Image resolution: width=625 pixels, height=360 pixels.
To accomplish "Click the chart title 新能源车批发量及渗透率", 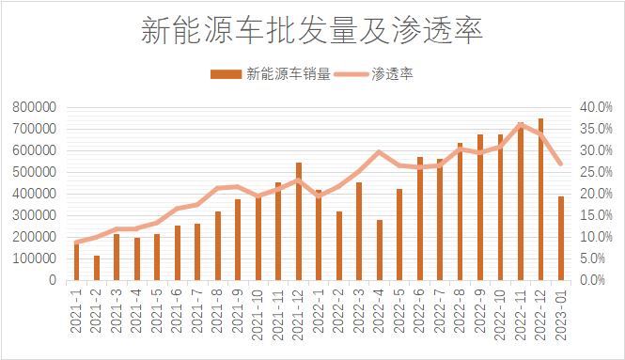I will click(x=312, y=31).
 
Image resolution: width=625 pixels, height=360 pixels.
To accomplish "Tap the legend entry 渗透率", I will click(x=394, y=74).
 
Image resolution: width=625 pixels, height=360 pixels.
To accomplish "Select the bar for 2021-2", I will click(x=97, y=268).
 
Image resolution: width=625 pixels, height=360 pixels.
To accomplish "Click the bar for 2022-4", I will click(x=380, y=250).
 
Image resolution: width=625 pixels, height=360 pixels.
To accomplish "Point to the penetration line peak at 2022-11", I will click(x=521, y=124).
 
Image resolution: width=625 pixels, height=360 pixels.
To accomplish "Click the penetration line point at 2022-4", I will click(x=380, y=152).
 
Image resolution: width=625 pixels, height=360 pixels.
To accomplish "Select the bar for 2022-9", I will click(x=480, y=208).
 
